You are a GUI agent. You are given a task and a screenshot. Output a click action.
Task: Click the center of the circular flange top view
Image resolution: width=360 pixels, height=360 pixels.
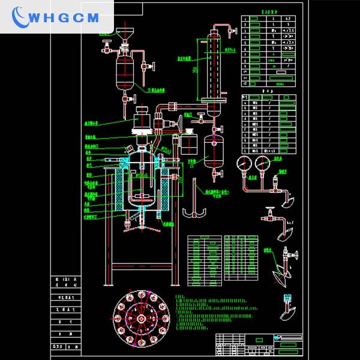[142, 317]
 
